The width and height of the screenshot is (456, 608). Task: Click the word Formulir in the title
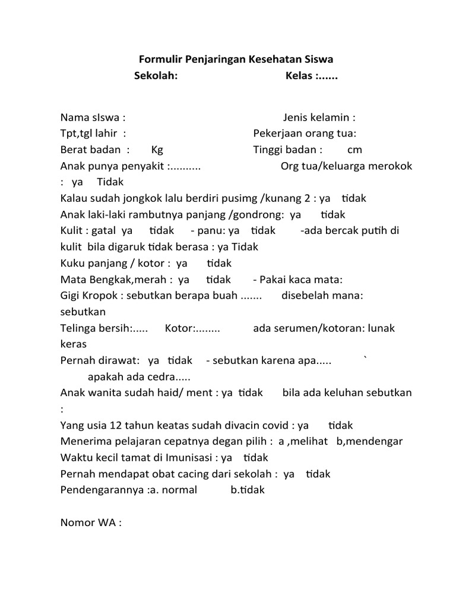(159, 60)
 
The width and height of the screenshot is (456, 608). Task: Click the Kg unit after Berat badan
(157, 150)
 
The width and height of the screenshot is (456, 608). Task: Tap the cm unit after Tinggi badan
(354, 150)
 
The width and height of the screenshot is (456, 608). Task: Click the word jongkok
(163, 198)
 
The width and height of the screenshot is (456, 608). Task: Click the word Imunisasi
(183, 457)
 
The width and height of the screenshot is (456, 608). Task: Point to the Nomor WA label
(91, 523)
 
